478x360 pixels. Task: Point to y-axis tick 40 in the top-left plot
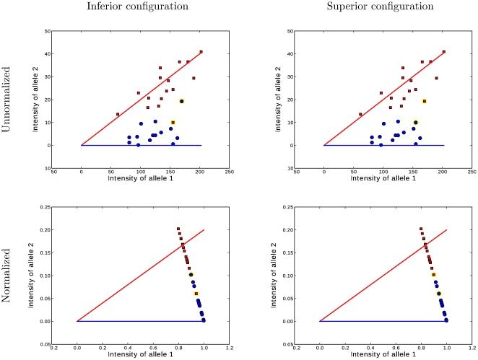tap(45, 54)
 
